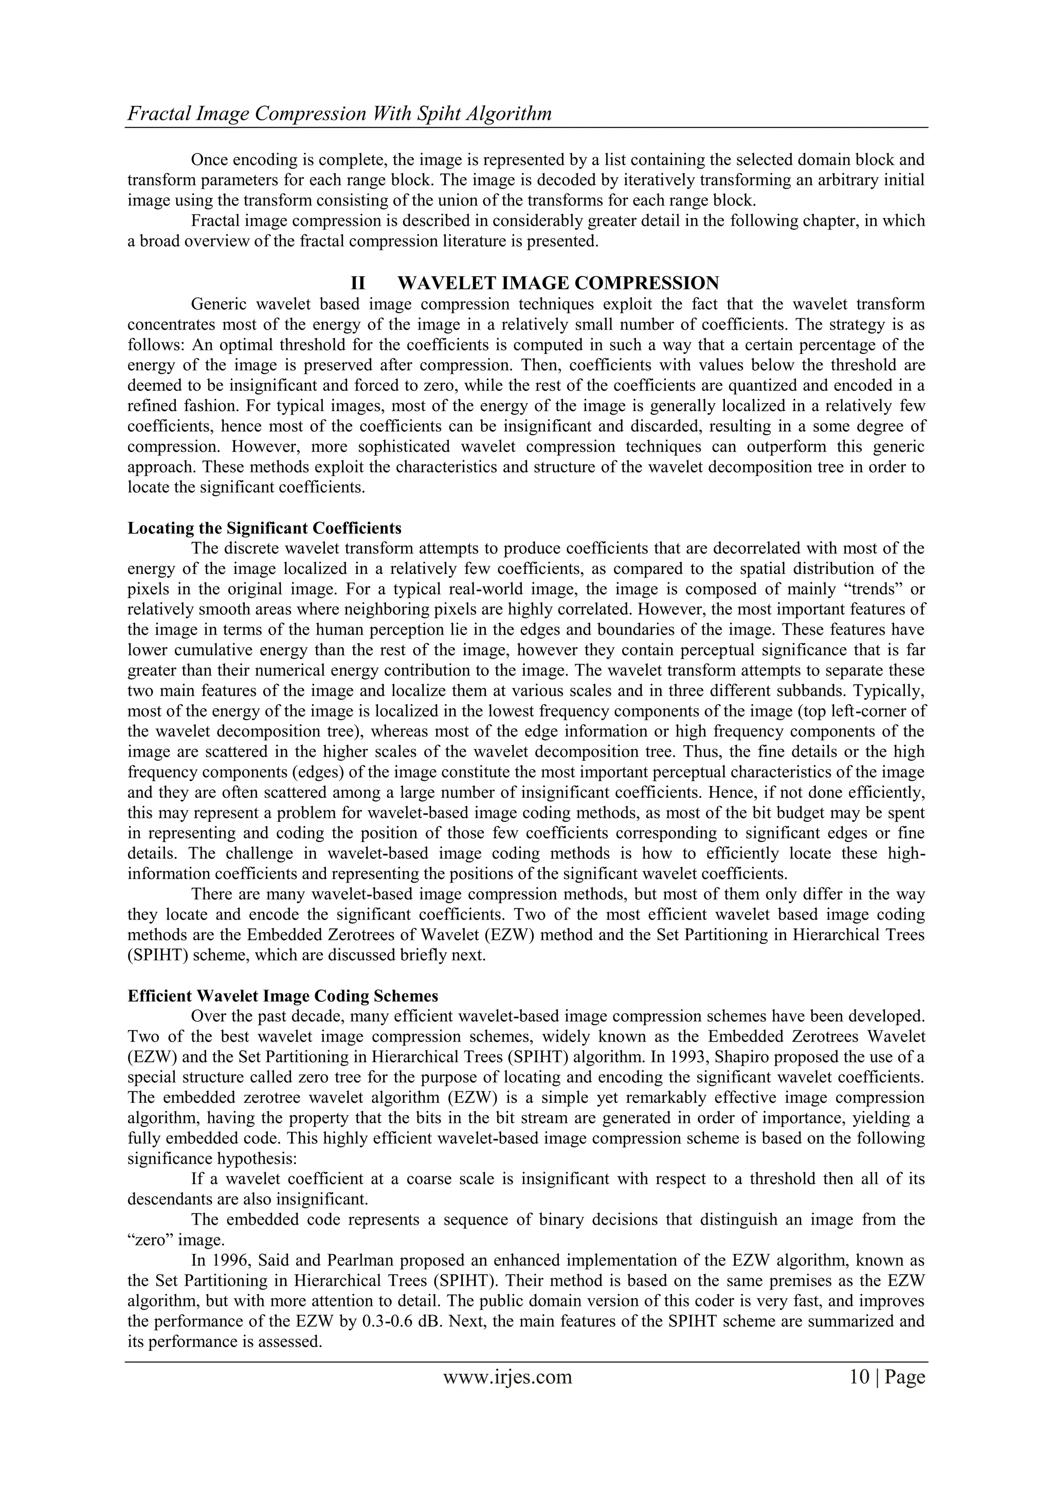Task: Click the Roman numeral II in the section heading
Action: (357, 283)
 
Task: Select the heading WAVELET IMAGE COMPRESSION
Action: (558, 283)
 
